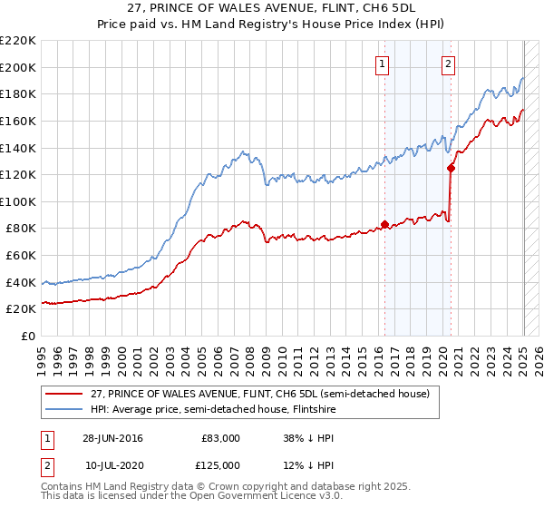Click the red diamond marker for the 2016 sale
click(384, 223)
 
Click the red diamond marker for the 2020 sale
click(451, 167)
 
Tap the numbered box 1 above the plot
click(383, 63)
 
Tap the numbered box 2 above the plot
click(449, 63)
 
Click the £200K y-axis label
click(19, 67)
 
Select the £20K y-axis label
click(23, 309)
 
